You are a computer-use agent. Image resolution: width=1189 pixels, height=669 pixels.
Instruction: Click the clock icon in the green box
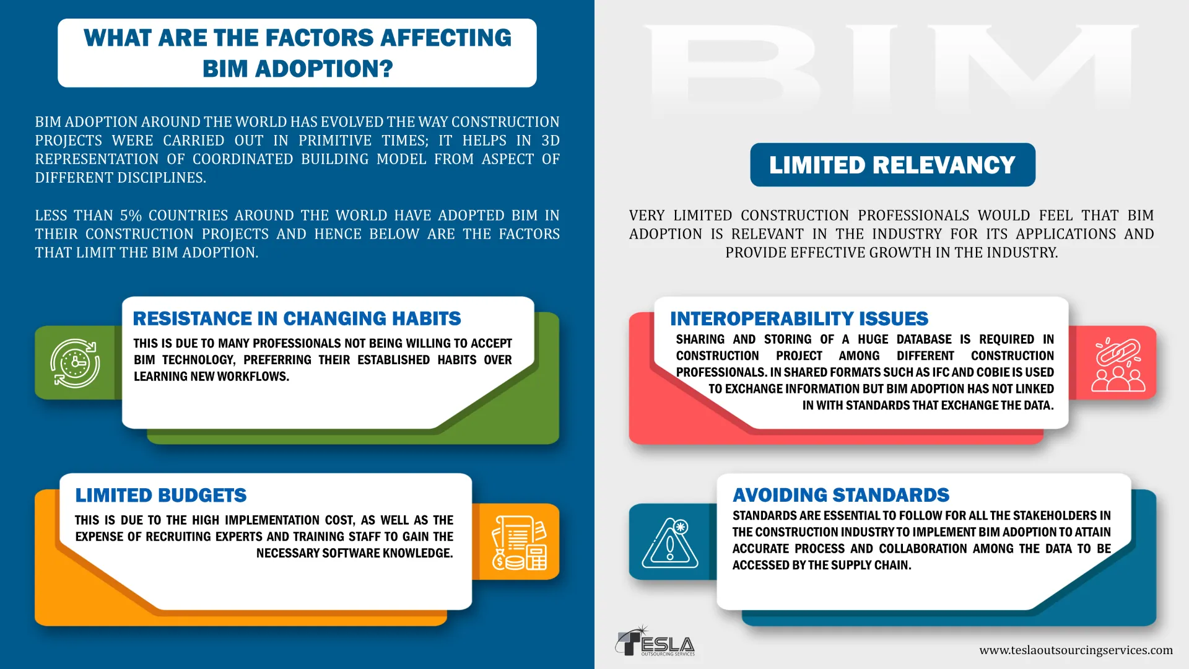75,363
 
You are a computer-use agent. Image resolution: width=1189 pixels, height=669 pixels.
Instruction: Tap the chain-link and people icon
1118,364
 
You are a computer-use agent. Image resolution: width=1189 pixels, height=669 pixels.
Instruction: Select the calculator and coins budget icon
519,543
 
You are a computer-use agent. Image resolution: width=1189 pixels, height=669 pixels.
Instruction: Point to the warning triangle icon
670,543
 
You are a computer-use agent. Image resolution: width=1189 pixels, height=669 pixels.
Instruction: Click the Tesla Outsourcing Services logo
655,641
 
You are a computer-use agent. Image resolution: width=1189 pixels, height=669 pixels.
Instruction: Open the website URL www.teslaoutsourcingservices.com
1076,650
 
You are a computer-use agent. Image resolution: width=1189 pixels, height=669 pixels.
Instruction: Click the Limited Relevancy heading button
892,165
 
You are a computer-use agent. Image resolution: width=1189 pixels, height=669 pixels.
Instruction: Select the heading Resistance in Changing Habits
297,318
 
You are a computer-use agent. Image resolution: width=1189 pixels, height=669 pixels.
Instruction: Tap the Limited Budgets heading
161,495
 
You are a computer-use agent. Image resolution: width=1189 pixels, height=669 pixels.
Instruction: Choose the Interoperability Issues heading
799,318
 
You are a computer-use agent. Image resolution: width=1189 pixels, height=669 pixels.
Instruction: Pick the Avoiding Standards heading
841,495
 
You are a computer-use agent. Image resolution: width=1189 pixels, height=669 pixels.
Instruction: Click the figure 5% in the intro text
131,216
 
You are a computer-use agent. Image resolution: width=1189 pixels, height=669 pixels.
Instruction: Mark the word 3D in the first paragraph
551,141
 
